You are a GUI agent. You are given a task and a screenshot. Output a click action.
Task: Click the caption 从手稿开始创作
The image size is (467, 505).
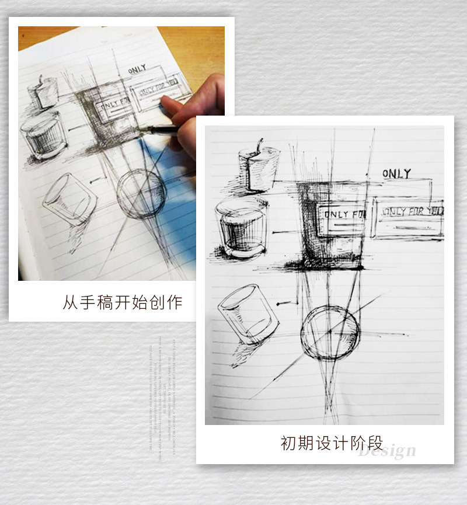click(x=122, y=302)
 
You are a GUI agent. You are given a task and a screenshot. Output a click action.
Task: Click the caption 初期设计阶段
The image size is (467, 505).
click(x=332, y=443)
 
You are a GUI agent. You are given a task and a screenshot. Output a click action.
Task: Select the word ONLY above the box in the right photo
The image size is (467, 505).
click(x=396, y=173)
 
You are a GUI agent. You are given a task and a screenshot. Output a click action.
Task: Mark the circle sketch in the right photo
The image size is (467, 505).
click(x=330, y=333)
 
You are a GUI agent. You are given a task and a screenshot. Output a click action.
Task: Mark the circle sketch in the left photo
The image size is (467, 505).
click(x=141, y=194)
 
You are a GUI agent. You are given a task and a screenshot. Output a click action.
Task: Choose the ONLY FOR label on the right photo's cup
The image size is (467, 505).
click(x=343, y=215)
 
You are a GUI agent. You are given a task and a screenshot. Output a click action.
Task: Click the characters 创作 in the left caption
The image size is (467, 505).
click(x=167, y=302)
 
